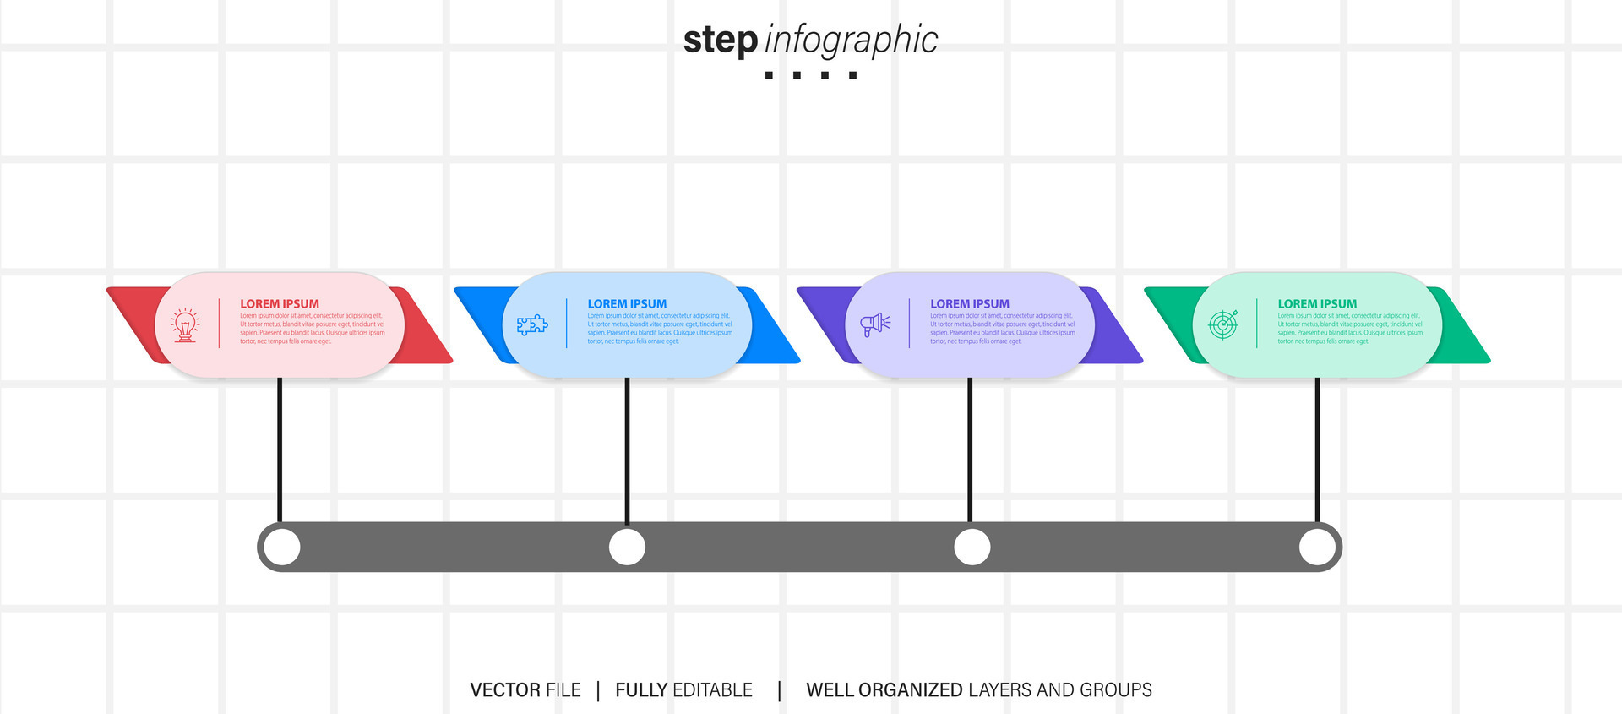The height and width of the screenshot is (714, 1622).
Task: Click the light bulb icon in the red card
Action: (186, 324)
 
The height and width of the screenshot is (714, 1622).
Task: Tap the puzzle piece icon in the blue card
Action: (532, 324)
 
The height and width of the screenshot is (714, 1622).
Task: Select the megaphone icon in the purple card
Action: (875, 324)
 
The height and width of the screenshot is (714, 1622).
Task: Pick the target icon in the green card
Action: (1223, 324)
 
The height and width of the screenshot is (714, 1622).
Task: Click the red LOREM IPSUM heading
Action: (280, 304)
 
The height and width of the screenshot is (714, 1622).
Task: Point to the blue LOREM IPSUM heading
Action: (627, 304)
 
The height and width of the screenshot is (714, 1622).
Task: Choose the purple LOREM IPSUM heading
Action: (970, 304)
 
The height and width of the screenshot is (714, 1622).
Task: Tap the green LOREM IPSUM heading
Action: (1317, 304)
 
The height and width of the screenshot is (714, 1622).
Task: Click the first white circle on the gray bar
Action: (282, 548)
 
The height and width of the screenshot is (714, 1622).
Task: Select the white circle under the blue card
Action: (627, 548)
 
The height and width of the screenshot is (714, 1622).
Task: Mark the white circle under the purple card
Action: (972, 548)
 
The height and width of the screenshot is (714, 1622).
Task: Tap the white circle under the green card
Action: (1317, 548)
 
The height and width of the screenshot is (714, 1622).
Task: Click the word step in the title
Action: (720, 41)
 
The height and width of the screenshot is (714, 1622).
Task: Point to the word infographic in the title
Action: (851, 41)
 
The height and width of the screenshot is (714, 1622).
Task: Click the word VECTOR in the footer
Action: (505, 690)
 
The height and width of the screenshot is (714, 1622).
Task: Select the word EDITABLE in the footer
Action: (712, 690)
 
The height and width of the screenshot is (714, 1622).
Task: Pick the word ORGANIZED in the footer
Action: (911, 690)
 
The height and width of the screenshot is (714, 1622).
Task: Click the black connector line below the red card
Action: (280, 448)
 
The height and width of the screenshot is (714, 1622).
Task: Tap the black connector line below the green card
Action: (1317, 448)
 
